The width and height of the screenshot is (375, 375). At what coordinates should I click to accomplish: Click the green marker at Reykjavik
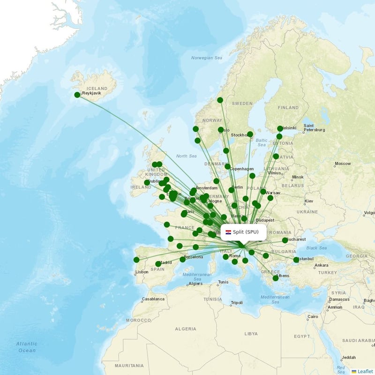tap(77, 95)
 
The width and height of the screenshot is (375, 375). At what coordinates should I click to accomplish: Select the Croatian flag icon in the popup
tap(228, 232)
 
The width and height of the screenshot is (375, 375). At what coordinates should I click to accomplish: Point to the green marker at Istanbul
tap(296, 260)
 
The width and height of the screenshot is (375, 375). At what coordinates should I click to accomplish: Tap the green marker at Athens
tap(276, 278)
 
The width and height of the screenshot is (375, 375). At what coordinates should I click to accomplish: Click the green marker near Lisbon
tap(136, 260)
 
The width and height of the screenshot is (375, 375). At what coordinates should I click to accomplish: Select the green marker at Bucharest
tap(285, 240)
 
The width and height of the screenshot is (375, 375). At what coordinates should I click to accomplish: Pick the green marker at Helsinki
tap(280, 128)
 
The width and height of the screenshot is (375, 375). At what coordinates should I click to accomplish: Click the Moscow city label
tap(343, 164)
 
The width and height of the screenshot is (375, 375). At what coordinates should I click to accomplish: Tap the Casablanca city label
tap(153, 299)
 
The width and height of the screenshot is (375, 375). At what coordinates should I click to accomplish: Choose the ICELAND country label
tap(97, 88)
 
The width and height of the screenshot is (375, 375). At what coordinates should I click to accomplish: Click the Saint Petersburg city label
tap(315, 127)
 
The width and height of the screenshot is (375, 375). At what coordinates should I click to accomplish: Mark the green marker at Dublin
tap(147, 182)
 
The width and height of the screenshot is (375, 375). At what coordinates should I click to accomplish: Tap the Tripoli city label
tap(237, 303)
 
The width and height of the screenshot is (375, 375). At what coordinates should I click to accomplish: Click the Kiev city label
tap(309, 201)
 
